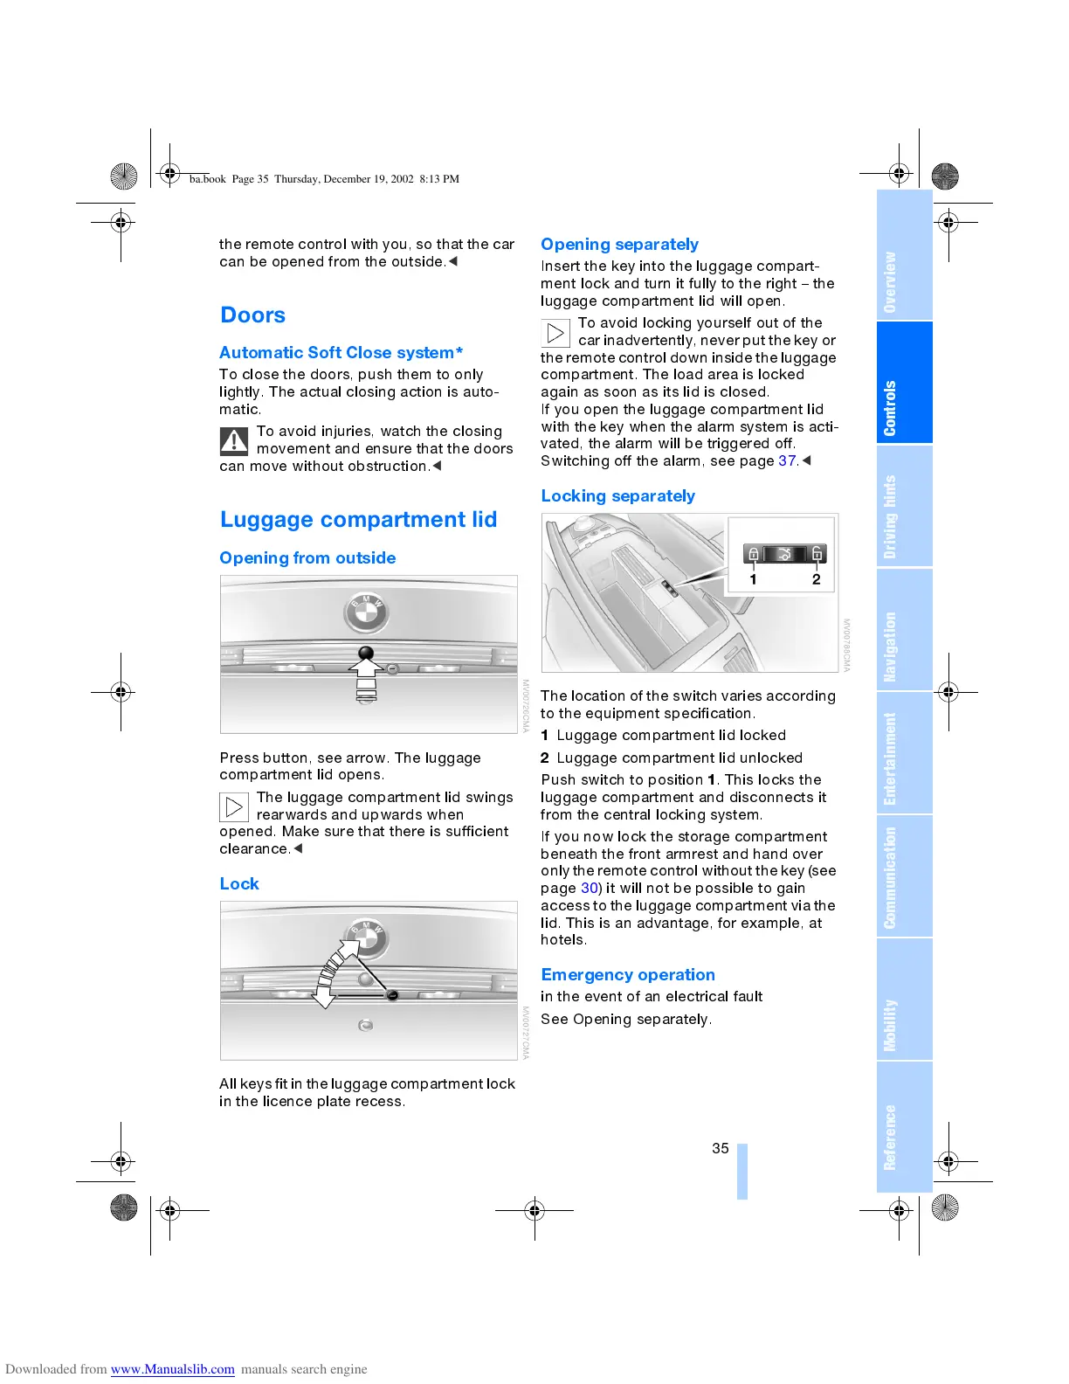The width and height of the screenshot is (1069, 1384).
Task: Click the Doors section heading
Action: pyautogui.click(x=252, y=315)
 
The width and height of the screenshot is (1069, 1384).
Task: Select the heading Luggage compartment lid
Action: pyautogui.click(x=358, y=520)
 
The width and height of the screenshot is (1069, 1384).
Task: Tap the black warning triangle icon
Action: pyautogui.click(x=234, y=440)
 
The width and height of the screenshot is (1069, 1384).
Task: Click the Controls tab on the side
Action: pyautogui.click(x=890, y=408)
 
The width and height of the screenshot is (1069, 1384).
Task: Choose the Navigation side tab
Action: pyautogui.click(x=890, y=647)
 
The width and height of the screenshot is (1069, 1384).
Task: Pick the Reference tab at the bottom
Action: pyautogui.click(x=890, y=1137)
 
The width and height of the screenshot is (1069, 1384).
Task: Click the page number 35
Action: pyautogui.click(x=720, y=1148)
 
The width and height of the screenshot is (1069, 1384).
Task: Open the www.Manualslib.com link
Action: pyautogui.click(x=172, y=1369)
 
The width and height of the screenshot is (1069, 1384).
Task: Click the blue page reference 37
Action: pyautogui.click(x=787, y=461)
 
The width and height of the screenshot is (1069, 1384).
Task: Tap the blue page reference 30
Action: pyautogui.click(x=590, y=889)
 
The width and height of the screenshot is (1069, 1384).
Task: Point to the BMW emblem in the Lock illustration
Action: pyautogui.click(x=369, y=938)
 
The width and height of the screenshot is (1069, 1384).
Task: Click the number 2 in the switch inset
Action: pyautogui.click(x=817, y=579)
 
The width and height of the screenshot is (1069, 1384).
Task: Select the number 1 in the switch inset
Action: pyautogui.click(x=753, y=579)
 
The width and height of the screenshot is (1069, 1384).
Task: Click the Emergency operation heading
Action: pyautogui.click(x=627, y=975)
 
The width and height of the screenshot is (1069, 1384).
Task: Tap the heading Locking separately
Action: pyautogui.click(x=617, y=496)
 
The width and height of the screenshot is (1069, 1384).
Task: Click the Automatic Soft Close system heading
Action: pyautogui.click(x=341, y=353)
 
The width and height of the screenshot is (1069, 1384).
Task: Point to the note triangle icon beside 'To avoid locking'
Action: pyautogui.click(x=555, y=333)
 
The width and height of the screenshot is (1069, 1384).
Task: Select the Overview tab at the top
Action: pyautogui.click(x=890, y=282)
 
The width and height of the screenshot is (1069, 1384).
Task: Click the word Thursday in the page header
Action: pyautogui.click(x=296, y=179)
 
